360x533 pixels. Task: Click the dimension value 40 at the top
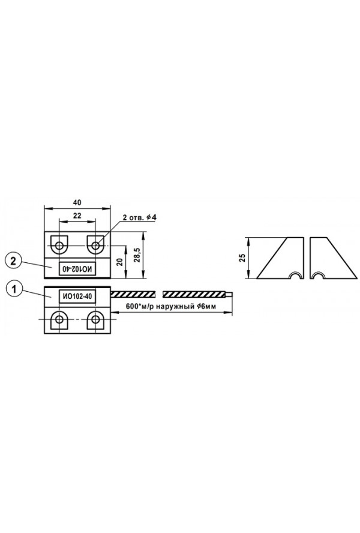(x=77, y=203)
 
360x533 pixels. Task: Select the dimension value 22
(x=77, y=215)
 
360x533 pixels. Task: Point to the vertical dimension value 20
(x=119, y=262)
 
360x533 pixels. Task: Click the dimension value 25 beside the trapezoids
(x=242, y=257)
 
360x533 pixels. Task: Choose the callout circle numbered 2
(x=13, y=261)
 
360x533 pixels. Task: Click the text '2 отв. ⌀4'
(x=139, y=217)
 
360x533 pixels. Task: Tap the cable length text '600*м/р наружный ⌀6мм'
(x=170, y=306)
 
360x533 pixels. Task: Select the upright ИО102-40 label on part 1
(x=77, y=297)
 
